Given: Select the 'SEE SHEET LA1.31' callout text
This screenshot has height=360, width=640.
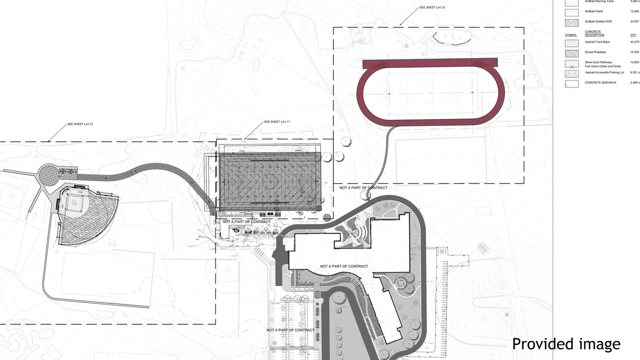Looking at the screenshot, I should point(81,124).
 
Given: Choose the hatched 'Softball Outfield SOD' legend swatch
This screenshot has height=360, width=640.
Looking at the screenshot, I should point(572,22).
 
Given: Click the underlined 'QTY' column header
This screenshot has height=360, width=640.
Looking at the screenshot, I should point(633,34).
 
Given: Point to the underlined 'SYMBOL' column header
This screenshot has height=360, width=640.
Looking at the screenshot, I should point(571,34).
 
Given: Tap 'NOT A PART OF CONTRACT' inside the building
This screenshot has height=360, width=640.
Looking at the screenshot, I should point(344,266).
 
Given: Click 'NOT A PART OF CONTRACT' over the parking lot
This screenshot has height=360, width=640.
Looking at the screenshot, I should point(291,330).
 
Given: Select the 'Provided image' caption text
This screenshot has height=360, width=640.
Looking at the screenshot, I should point(566,344).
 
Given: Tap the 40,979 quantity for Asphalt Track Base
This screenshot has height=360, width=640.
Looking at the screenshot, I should point(634,42).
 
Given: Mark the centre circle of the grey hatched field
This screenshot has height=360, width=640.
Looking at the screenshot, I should point(270,181).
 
